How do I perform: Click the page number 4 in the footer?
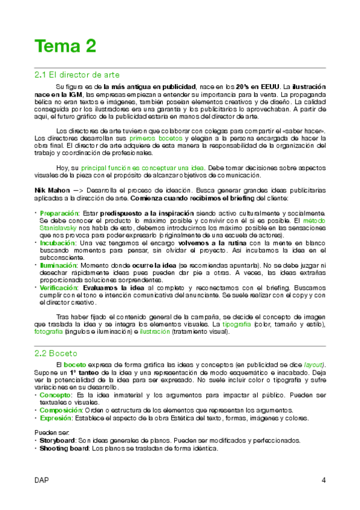(324, 480)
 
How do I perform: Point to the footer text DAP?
(41, 480)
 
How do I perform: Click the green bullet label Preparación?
(59, 213)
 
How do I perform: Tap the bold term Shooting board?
(63, 448)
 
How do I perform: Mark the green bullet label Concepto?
(55, 395)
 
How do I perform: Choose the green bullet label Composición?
(61, 410)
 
